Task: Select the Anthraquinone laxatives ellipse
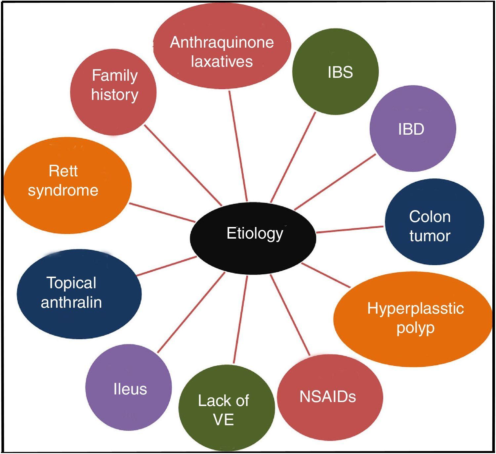point(222,46)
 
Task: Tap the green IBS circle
point(335,72)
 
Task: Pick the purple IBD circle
point(413,128)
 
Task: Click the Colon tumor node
point(434,222)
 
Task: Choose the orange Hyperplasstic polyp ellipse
point(413,319)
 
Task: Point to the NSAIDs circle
point(329,396)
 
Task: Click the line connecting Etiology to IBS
point(293,157)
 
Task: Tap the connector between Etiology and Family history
point(183,164)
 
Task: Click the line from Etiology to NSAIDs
point(290,314)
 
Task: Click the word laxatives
point(222,62)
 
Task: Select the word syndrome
point(63,191)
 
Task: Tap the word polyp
point(415,328)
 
